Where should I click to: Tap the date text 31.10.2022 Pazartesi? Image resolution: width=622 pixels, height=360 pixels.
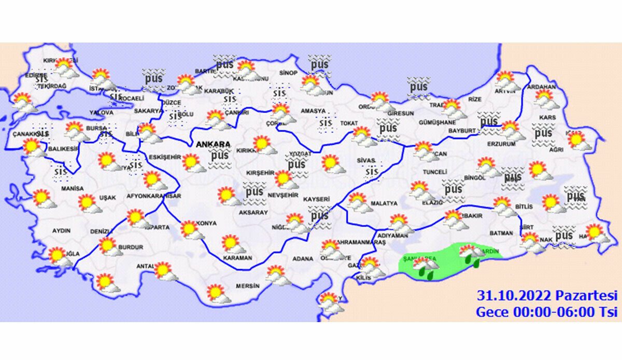coord(547,296)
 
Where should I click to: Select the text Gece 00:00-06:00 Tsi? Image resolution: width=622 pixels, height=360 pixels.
coord(547,312)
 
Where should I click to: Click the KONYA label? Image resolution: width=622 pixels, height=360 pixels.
coord(206,224)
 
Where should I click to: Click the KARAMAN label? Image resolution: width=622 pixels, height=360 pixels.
coord(237,258)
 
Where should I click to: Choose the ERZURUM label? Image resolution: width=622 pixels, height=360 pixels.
coord(501,144)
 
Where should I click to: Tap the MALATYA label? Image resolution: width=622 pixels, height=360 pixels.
coord(384,204)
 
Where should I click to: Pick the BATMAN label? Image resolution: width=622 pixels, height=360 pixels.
coord(501,234)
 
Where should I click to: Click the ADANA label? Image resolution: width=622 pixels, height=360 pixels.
coord(303,258)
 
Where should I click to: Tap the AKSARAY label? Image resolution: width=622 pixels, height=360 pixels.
coord(253,213)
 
